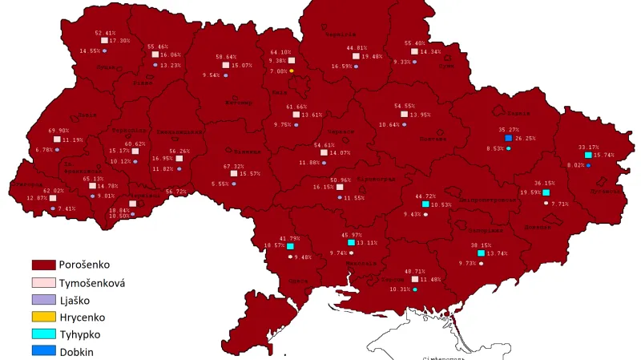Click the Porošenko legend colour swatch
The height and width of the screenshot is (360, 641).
click(43, 264)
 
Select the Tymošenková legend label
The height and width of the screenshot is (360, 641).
click(92, 282)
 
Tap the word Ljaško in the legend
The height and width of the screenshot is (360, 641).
click(75, 300)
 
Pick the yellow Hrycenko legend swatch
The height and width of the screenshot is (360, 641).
click(43, 318)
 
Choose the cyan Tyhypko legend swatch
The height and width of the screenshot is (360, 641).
click(43, 335)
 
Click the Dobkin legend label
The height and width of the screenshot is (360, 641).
click(77, 352)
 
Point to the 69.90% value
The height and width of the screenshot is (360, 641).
click(58, 130)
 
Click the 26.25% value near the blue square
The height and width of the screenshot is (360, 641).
click(526, 138)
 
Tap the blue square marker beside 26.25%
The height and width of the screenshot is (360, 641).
click(508, 138)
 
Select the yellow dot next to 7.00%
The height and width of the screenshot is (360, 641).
click(292, 71)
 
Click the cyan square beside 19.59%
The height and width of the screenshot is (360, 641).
click(546, 192)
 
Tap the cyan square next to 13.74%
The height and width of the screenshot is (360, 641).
click(481, 253)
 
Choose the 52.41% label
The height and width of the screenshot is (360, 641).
click(106, 33)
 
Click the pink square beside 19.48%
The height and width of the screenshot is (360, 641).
click(356, 56)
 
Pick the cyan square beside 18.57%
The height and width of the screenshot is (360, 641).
click(290, 246)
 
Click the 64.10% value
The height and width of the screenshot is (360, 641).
click(281, 52)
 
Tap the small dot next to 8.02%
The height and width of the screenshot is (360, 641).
click(588, 165)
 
